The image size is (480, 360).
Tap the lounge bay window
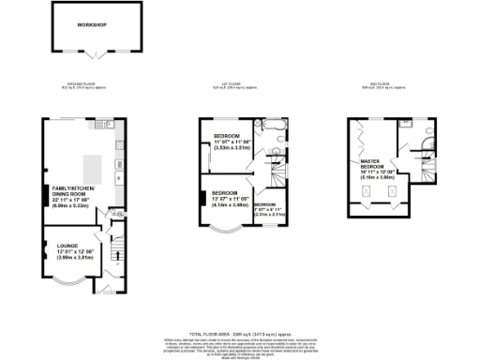[x=67, y=282]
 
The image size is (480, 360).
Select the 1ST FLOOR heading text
[x=232, y=86]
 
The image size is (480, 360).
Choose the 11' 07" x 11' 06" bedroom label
[x=224, y=142]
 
